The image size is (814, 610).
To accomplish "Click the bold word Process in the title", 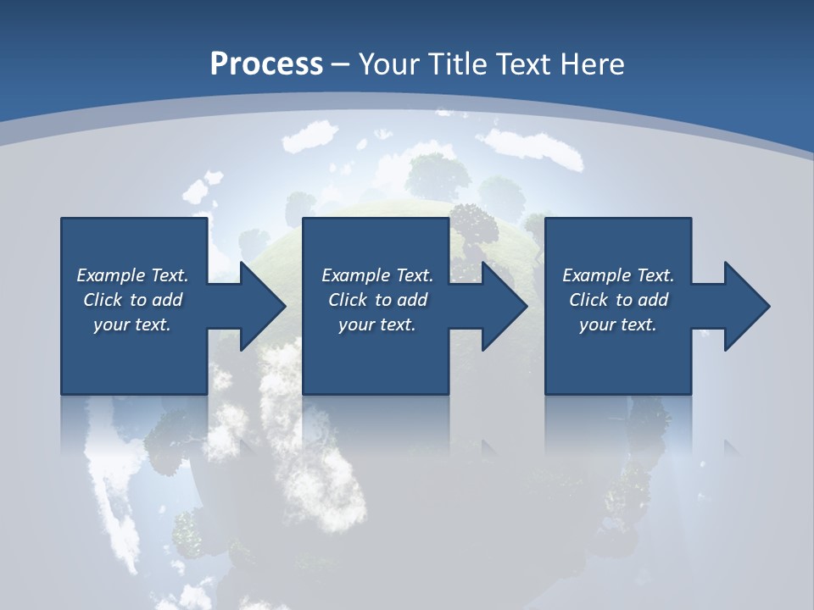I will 266,64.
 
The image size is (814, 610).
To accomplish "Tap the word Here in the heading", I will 591,64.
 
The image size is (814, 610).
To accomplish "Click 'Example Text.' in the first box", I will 132,274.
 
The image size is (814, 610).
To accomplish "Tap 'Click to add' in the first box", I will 132,299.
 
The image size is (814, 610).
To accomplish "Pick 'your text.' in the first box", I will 132,324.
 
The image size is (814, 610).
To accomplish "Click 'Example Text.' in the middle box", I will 377,274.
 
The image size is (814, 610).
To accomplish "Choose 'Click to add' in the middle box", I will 377,299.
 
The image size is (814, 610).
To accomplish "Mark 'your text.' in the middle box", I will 377,324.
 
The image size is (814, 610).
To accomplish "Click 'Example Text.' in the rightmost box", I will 618,274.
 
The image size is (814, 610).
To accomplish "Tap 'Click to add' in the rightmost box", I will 618,299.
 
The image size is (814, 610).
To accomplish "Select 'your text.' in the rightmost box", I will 618,324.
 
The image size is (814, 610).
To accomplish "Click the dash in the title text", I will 341,64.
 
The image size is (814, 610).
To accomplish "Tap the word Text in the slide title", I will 525,64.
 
